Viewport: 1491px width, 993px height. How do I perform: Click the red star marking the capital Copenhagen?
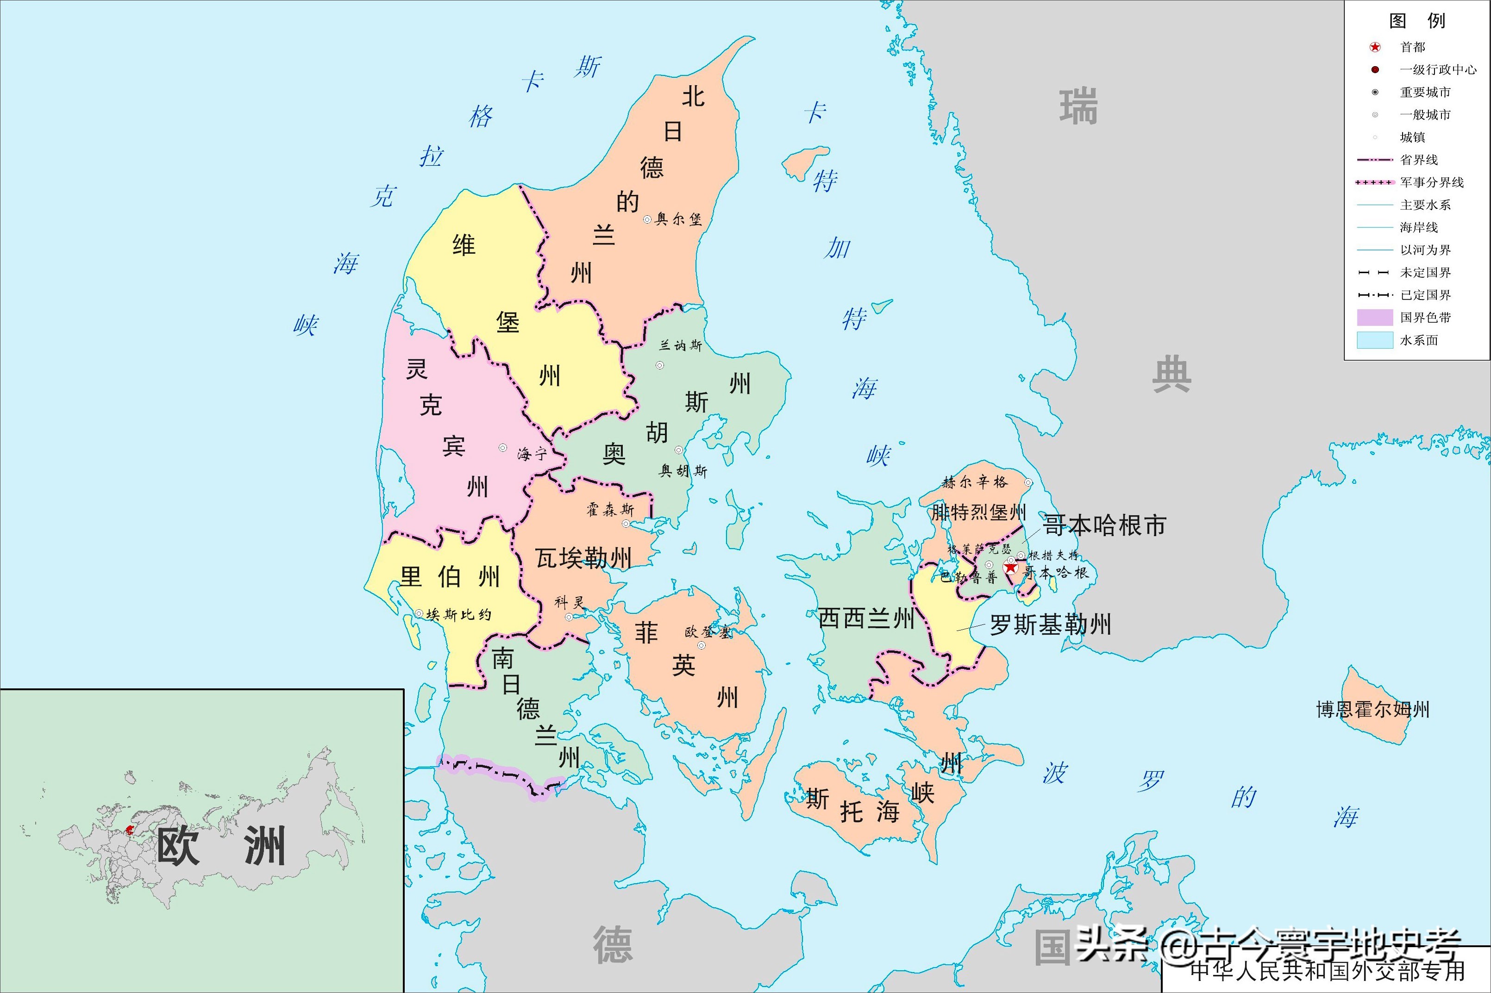pos(1010,568)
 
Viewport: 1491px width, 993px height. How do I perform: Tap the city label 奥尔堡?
pos(678,219)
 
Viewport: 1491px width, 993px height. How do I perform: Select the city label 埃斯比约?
pos(458,614)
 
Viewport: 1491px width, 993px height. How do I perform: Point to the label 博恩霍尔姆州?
pos(1372,709)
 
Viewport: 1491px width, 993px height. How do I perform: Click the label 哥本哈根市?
pos(1104,525)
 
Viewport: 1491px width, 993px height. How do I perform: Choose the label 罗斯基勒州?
pos(1050,625)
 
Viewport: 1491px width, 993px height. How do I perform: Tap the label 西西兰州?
pos(866,618)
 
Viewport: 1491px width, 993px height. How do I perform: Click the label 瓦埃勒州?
pos(583,558)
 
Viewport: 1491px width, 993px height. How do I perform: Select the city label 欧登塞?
pos(708,632)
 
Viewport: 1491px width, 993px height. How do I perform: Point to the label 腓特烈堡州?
pos(978,512)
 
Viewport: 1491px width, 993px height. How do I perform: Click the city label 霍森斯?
pos(610,510)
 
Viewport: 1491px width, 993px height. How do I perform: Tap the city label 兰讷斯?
pos(680,346)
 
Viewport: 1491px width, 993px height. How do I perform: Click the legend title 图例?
pos(1417,21)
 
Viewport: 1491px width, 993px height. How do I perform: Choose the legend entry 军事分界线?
pos(1431,182)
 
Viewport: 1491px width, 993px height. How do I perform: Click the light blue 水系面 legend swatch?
pos(1374,340)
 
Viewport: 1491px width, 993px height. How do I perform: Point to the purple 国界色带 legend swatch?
pos(1374,317)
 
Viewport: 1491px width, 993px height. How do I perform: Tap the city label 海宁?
pos(532,453)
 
